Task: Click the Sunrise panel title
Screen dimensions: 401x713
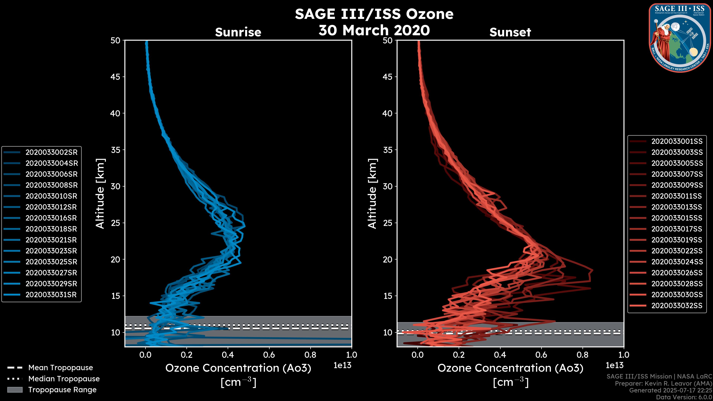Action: pos(238,32)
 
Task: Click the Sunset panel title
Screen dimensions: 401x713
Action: pos(510,32)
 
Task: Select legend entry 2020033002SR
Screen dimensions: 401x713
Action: pos(51,152)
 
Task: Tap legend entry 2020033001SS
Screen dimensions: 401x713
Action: pos(677,141)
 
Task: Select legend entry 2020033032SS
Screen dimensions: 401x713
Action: pos(677,306)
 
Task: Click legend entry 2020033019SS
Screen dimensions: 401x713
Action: pos(677,240)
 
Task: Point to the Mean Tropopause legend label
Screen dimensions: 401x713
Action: pos(61,368)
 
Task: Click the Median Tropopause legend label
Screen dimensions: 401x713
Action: pos(64,379)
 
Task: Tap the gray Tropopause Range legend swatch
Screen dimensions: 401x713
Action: pos(15,390)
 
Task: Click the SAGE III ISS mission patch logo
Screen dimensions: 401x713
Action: pos(680,38)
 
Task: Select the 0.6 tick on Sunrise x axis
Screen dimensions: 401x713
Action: pos(269,355)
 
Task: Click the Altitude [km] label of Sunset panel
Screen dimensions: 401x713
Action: pos(372,194)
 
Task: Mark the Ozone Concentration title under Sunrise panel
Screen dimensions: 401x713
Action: pos(238,368)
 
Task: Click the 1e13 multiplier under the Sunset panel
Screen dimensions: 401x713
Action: pos(614,366)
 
